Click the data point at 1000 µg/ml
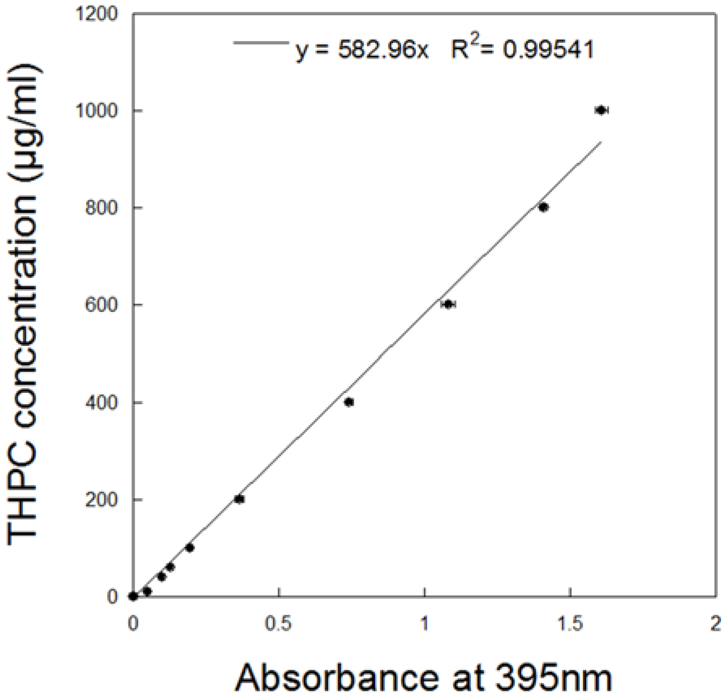[x=601, y=110]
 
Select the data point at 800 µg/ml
[x=544, y=207]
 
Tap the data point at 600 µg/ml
[x=448, y=304]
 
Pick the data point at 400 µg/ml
[x=349, y=402]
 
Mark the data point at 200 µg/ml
[x=239, y=499]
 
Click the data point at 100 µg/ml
[x=189, y=547]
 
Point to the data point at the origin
[x=133, y=596]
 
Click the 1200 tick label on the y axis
[x=97, y=14]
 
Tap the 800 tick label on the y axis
[x=101, y=208]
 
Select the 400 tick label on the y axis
[x=101, y=402]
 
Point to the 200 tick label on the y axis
[x=101, y=500]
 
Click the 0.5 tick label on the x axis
[x=278, y=624]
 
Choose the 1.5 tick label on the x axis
[x=570, y=624]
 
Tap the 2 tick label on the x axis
[x=716, y=624]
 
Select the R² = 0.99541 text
[x=523, y=49]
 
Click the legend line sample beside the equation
[x=261, y=42]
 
